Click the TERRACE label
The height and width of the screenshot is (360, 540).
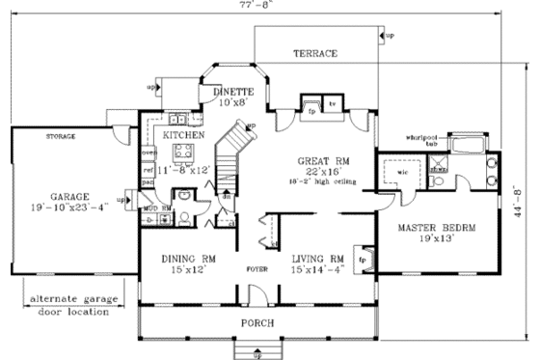315,54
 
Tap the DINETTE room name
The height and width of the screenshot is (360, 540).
231,90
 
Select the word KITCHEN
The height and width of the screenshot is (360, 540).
182,136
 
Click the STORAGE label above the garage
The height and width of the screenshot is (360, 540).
61,137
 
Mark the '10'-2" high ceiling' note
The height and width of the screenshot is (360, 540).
322,181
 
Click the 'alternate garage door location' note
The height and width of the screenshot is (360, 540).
69,305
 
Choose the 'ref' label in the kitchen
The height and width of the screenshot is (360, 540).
148,170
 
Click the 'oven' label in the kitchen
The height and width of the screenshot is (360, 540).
148,152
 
